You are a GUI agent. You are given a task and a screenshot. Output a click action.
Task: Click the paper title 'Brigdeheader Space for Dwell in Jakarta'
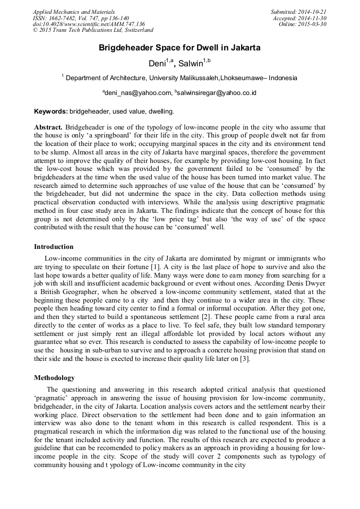[179, 48]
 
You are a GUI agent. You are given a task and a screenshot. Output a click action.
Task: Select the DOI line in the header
[89, 24]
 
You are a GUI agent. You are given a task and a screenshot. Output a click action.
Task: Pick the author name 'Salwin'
[190, 64]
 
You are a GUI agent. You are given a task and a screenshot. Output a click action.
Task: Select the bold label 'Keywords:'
[51, 111]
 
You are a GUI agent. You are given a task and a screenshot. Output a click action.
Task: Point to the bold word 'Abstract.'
[48, 127]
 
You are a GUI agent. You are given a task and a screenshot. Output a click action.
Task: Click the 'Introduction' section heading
[54, 247]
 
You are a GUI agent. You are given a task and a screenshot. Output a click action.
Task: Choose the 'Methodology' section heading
[54, 378]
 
